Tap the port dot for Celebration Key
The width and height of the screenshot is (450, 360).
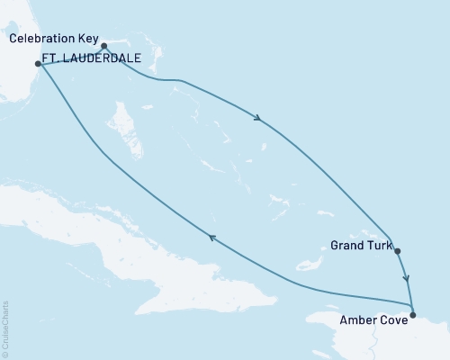103,46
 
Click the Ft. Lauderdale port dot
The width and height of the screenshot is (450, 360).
38,64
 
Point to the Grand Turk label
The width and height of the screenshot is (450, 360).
360,244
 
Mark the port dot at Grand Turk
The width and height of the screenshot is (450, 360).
397,252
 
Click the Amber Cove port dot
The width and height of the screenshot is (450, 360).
413,314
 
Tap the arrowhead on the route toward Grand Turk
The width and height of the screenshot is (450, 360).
259,118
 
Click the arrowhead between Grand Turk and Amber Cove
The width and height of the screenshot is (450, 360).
407,279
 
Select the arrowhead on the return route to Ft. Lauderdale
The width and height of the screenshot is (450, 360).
212,237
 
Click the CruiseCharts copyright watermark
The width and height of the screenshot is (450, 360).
5,329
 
